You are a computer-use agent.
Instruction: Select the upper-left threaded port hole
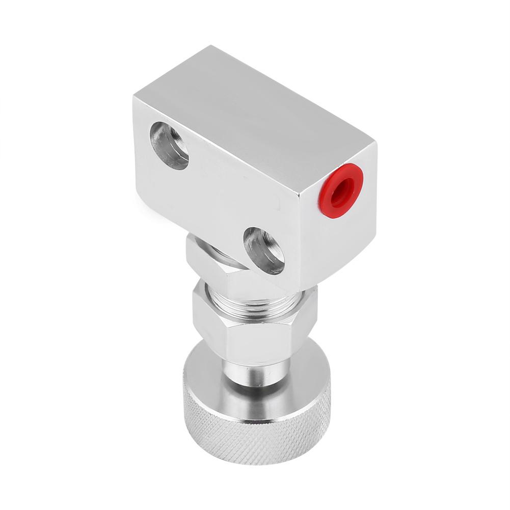[x=169, y=145]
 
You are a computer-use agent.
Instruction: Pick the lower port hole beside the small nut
[x=264, y=250]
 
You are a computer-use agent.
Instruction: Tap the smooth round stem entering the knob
[x=255, y=377]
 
